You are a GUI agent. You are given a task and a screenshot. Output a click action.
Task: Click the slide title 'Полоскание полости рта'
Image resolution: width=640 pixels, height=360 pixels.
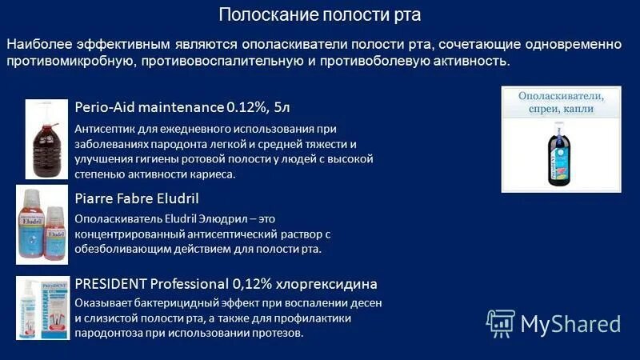319,15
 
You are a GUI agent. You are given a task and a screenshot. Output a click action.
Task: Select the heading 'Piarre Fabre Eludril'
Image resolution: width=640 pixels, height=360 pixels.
136,198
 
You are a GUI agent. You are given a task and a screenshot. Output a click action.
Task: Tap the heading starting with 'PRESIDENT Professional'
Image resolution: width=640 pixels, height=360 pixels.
226,283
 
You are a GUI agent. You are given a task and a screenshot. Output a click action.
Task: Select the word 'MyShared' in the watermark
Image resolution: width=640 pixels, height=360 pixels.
570,323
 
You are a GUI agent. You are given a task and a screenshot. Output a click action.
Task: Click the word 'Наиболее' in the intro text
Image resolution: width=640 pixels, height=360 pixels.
37,44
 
